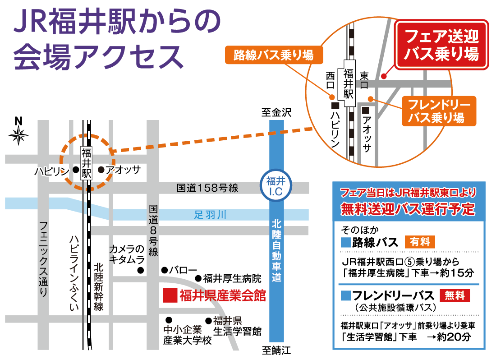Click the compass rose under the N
(18, 135)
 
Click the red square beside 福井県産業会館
(169, 295)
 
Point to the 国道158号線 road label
(207, 188)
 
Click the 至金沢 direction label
(276, 113)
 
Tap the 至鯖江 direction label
(276, 350)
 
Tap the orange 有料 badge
(420, 242)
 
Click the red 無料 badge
(455, 295)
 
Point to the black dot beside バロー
(164, 270)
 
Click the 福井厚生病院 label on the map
(232, 278)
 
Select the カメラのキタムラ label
(128, 254)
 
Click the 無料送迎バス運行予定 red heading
(408, 209)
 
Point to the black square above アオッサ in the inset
(366, 110)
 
